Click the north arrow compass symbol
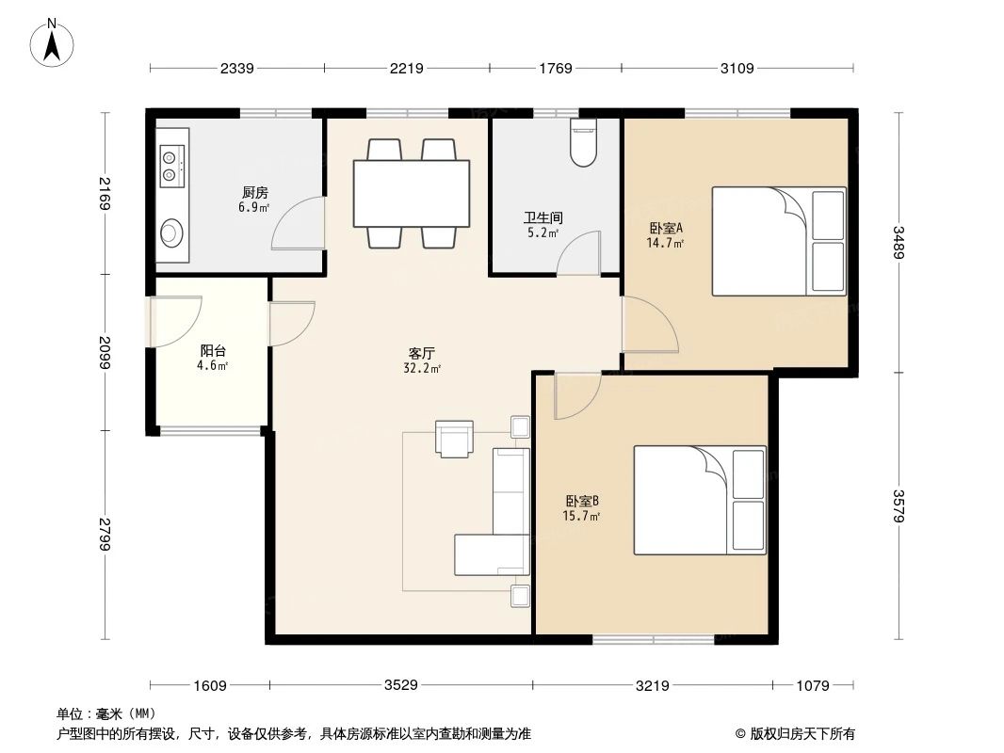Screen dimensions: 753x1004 (x=54, y=42)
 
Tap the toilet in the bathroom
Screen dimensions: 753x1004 (x=584, y=142)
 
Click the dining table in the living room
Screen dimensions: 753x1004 (x=411, y=193)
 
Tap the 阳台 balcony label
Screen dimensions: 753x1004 (x=213, y=351)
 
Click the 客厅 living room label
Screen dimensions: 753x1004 (x=421, y=353)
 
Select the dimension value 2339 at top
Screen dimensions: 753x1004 (x=236, y=68)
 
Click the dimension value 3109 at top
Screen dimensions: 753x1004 (x=737, y=68)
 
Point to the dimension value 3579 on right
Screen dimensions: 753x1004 (x=899, y=508)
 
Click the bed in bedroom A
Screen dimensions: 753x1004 (x=778, y=242)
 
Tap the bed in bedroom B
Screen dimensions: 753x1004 (x=699, y=501)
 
